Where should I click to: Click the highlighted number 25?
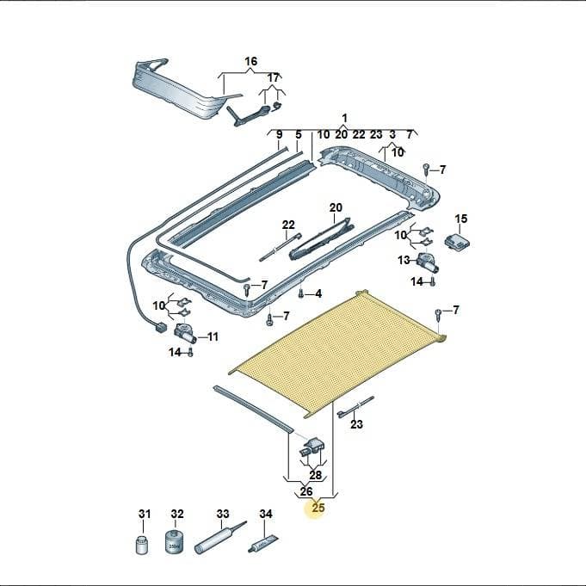tap(318, 508)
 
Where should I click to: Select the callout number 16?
tap(250, 61)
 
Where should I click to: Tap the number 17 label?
tap(273, 78)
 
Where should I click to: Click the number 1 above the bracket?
tap(344, 118)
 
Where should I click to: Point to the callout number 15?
tap(461, 219)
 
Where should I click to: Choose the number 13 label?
tap(404, 260)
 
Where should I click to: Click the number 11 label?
tap(213, 336)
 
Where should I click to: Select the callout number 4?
tap(318, 293)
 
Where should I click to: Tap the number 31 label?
tap(145, 514)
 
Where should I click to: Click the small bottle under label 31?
tap(141, 546)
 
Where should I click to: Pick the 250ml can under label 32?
tap(175, 541)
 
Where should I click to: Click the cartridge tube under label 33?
tap(220, 538)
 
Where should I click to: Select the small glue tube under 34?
tap(263, 543)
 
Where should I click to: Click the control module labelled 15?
tap(458, 240)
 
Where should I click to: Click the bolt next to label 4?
tap(301, 293)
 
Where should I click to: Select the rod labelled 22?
tap(281, 248)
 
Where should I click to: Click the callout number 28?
tap(316, 475)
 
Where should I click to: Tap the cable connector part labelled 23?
tap(355, 407)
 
